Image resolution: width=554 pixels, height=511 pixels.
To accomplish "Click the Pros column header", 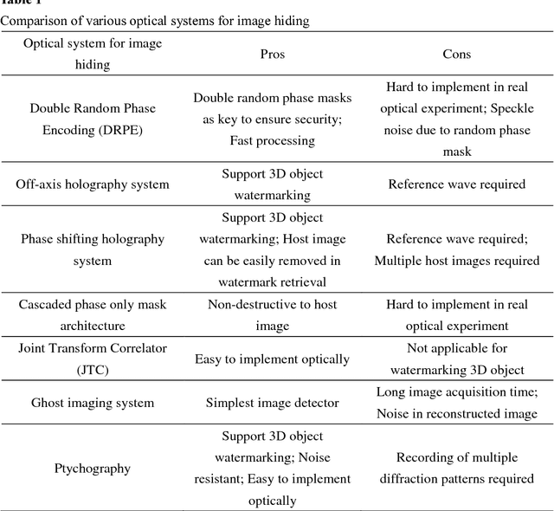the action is pyautogui.click(x=272, y=54).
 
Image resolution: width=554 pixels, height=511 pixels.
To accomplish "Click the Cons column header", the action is pyautogui.click(x=456, y=54).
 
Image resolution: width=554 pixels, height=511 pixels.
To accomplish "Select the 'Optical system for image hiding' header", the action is pyautogui.click(x=92, y=54).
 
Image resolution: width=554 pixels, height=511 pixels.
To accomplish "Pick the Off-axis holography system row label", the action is pyautogui.click(x=92, y=184).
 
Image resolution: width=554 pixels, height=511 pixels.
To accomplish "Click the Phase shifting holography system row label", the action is pyautogui.click(x=92, y=249).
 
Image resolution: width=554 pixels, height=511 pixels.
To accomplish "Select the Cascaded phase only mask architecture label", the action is pyautogui.click(x=92, y=315).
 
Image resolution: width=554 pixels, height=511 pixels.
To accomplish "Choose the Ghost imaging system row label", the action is pyautogui.click(x=92, y=403).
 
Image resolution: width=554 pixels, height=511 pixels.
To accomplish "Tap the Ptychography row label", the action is pyautogui.click(x=92, y=469).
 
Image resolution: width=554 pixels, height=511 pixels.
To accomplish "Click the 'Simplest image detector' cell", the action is pyautogui.click(x=272, y=403).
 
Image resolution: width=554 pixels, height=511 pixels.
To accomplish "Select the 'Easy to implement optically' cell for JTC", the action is pyautogui.click(x=272, y=359).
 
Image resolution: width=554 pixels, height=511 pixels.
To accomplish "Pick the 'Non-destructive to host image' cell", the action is pyautogui.click(x=272, y=315).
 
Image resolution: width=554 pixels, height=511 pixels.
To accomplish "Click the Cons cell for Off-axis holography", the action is pyautogui.click(x=456, y=184).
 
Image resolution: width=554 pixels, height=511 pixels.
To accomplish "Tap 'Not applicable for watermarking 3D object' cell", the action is pyautogui.click(x=456, y=359).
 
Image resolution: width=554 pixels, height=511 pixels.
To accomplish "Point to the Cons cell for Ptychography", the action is pyautogui.click(x=456, y=469).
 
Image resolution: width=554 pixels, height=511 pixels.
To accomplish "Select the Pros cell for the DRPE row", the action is pyautogui.click(x=272, y=119).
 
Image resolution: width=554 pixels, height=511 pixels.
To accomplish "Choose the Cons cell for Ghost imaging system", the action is pyautogui.click(x=456, y=403).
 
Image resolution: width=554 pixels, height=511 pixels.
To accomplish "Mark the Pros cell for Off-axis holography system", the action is pyautogui.click(x=272, y=184).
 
